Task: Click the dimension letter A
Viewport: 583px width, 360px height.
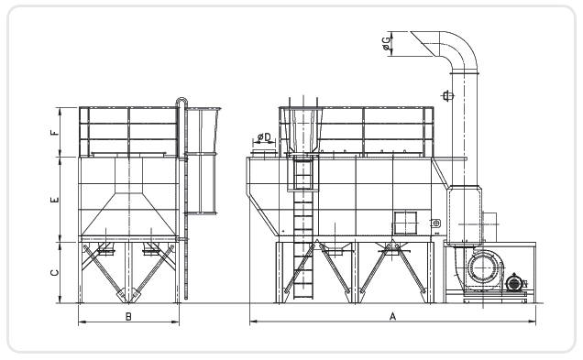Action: (392, 317)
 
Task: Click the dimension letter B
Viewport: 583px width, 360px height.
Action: (128, 317)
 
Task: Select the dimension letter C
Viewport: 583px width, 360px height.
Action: (55, 273)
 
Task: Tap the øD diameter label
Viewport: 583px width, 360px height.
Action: (264, 137)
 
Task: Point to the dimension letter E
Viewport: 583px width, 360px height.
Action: (55, 200)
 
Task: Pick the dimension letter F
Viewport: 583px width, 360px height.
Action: (55, 132)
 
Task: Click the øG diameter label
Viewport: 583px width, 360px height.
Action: (387, 43)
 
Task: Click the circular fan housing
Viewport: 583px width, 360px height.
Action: (483, 267)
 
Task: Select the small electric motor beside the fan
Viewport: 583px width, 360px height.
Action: (514, 283)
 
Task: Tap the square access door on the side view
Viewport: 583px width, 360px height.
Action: (405, 223)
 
